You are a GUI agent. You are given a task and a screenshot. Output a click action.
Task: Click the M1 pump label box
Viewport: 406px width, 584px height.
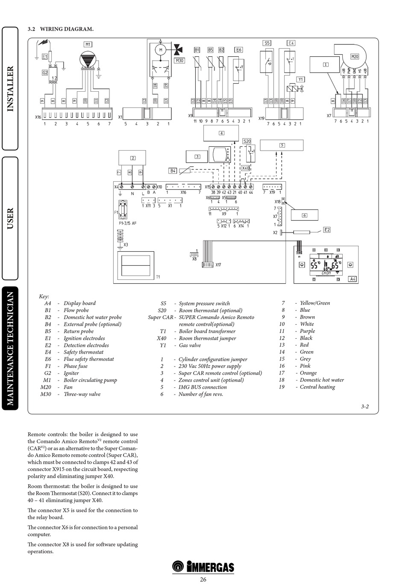tap(88, 44)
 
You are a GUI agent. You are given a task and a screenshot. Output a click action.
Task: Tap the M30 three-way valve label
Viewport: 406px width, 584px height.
tap(179, 61)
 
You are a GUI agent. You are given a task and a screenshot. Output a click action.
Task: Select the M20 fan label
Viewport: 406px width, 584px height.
tap(355, 56)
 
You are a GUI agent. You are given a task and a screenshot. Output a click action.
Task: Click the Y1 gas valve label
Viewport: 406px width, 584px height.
tap(300, 79)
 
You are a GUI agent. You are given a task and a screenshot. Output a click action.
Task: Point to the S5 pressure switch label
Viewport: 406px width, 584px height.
tap(267, 43)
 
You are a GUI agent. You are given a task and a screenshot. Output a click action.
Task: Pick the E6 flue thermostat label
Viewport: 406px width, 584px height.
tap(238, 50)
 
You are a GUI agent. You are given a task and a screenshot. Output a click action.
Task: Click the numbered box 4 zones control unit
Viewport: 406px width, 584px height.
tap(221, 133)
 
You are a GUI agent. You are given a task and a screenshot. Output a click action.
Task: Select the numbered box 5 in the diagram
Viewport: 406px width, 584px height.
tap(282, 145)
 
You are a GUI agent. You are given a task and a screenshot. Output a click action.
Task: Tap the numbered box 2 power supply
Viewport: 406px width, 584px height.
tap(132, 158)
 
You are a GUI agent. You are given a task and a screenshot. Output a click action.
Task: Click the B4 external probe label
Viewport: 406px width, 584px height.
tap(173, 171)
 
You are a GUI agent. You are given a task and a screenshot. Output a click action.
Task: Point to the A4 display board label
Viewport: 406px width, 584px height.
tap(353, 279)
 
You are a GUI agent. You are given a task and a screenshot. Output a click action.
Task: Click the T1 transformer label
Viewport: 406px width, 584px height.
tap(158, 277)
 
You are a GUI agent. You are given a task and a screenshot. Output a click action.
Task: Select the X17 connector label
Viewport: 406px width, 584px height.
tap(218, 265)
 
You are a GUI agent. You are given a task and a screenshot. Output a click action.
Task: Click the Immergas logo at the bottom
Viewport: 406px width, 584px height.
tap(203, 567)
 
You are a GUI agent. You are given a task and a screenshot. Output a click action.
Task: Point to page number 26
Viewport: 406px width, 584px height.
tap(203, 579)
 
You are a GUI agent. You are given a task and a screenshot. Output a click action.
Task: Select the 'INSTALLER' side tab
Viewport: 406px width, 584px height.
tap(10, 89)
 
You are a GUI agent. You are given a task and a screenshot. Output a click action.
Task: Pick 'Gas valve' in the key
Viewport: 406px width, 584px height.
tap(190, 345)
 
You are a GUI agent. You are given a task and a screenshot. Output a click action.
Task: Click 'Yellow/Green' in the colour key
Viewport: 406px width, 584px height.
tap(315, 303)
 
